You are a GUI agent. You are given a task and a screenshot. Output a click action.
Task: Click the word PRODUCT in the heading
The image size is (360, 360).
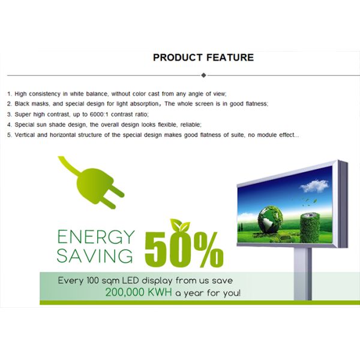[x=176, y=58]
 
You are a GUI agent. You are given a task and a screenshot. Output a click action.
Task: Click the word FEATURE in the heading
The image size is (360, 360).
[x=230, y=58]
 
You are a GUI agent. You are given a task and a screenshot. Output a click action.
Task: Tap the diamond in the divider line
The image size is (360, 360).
[x=204, y=75]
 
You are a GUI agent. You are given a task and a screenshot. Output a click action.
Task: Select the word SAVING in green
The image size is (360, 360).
[x=95, y=256]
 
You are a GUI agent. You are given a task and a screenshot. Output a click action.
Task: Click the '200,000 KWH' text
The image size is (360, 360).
[x=139, y=293]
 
